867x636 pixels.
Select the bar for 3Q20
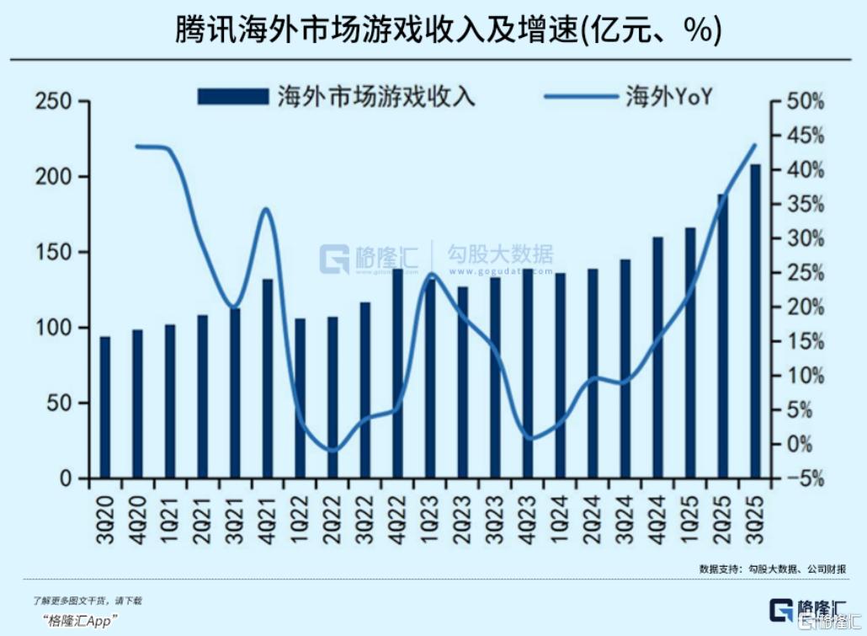pyautogui.click(x=105, y=408)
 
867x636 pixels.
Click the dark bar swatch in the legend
pyautogui.click(x=232, y=96)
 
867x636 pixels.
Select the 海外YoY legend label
pyautogui.click(x=669, y=96)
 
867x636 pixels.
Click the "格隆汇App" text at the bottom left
pyautogui.click(x=80, y=621)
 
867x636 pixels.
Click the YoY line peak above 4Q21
pyautogui.click(x=267, y=208)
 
